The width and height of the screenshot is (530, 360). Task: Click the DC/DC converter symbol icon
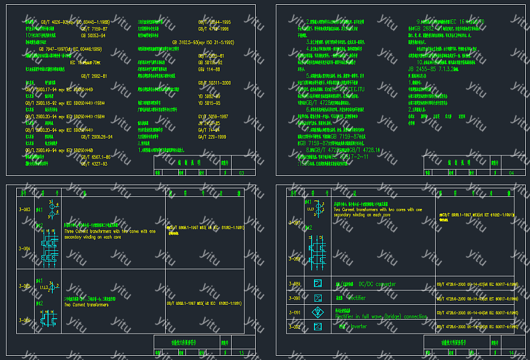click(318, 284)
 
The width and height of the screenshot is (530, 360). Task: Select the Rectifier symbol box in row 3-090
click(318, 298)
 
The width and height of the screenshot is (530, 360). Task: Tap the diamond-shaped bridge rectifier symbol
click(318, 312)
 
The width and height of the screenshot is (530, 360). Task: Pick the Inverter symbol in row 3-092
click(318, 327)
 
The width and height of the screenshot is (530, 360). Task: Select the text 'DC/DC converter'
click(377, 284)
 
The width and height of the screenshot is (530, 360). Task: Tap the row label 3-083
click(25, 209)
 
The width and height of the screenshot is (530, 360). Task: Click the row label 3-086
click(25, 320)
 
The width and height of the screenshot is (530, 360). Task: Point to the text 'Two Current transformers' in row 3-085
click(86, 305)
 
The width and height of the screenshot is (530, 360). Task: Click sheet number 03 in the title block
click(241, 173)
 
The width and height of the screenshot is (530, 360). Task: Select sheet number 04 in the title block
click(511, 173)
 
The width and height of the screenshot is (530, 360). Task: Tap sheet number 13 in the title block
click(241, 353)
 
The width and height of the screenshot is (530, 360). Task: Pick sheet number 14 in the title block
click(511, 353)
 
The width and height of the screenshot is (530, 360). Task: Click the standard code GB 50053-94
click(92, 35)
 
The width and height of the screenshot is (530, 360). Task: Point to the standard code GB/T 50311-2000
click(214, 82)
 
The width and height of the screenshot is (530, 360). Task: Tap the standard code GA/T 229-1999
click(213, 137)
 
